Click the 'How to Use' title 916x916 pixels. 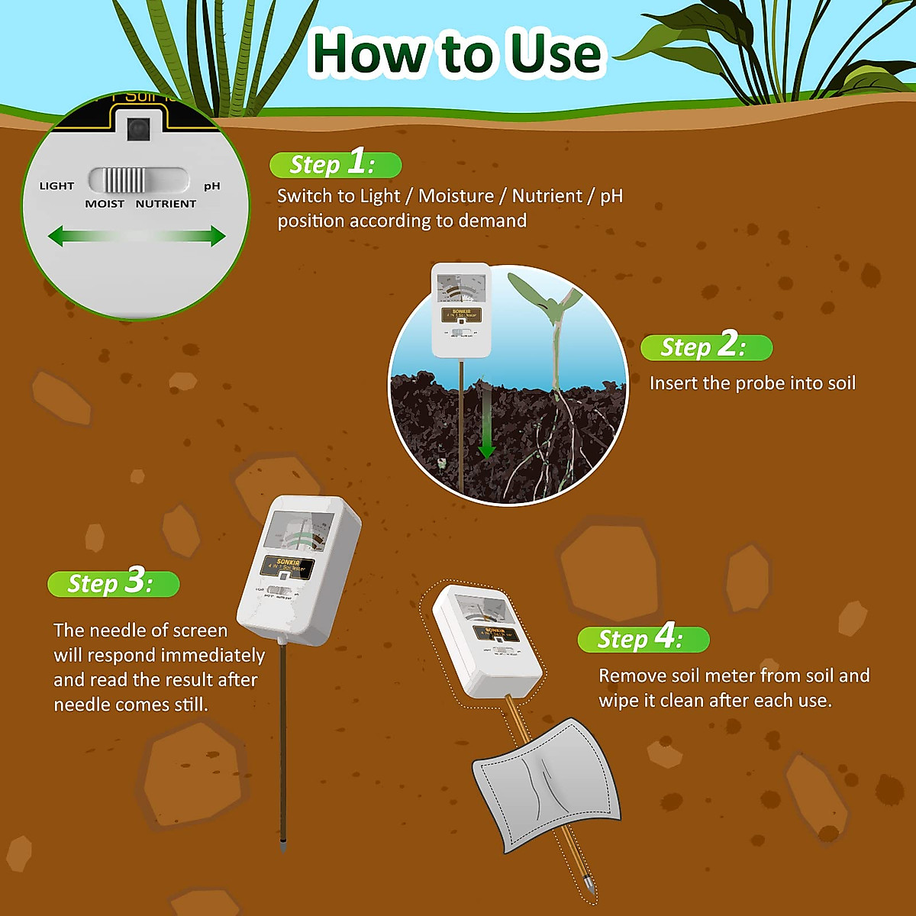(x=456, y=53)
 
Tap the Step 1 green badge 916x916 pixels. (x=335, y=164)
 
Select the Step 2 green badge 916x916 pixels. (x=706, y=347)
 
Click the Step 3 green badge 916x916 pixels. (x=113, y=583)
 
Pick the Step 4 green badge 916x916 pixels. (x=643, y=638)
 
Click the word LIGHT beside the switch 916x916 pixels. (x=56, y=185)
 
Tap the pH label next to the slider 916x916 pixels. (x=212, y=185)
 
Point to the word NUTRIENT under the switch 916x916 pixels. (x=166, y=204)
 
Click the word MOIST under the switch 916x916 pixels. (x=105, y=204)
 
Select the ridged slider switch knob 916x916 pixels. (x=124, y=181)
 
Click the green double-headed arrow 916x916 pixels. (x=137, y=236)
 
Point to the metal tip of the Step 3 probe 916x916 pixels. (x=283, y=846)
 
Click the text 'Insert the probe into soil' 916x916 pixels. (x=752, y=383)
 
